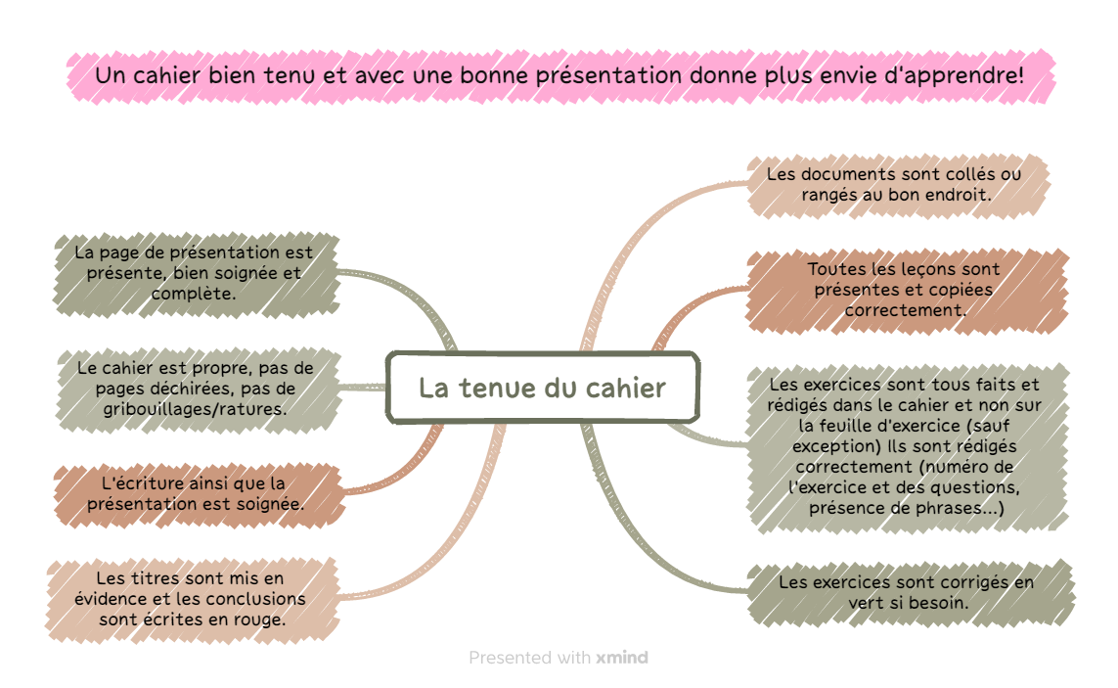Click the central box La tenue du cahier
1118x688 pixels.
coord(543,388)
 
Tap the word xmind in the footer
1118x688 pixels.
coord(622,658)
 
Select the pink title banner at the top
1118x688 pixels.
coord(561,76)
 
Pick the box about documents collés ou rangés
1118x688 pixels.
coord(898,185)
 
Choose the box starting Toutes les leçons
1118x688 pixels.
coord(907,291)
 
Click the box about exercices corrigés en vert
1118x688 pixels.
coord(910,593)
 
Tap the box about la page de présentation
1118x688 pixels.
coord(196,274)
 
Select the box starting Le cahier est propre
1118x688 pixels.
coord(198,390)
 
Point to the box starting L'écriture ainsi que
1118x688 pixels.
coord(199,494)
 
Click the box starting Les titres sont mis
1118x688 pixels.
coord(192,600)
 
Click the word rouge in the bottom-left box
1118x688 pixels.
coord(261,620)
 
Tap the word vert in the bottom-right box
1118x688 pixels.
coord(867,603)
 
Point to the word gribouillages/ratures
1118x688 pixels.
coord(195,410)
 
